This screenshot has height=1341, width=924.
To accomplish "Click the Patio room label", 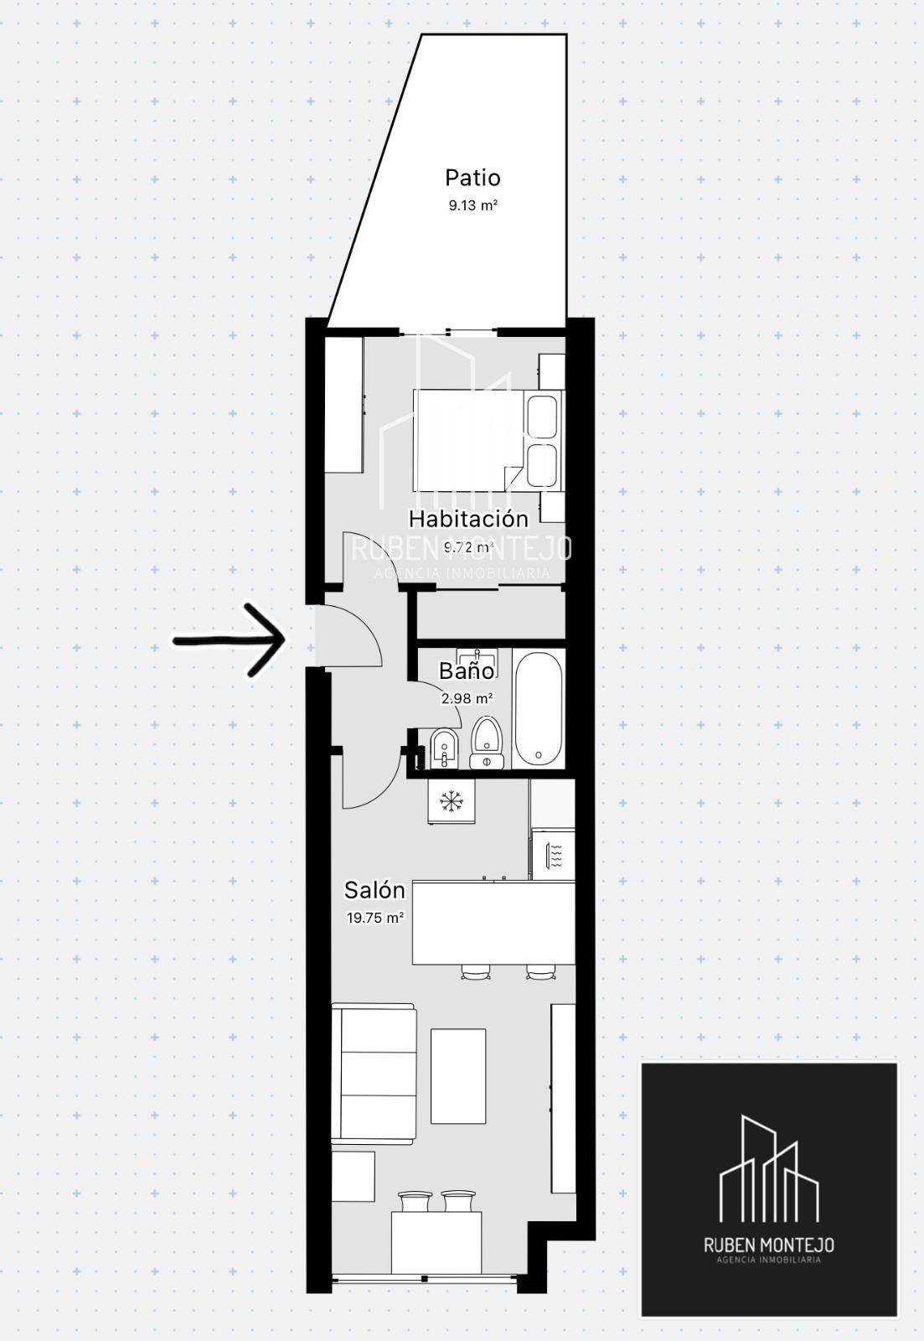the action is [472, 178].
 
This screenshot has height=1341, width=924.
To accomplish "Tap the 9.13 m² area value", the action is [473, 206].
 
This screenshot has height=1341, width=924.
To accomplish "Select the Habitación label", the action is [468, 519].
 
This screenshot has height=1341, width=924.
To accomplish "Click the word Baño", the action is [467, 670].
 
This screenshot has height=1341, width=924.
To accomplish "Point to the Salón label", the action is [374, 890].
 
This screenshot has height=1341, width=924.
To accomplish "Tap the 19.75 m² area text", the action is [374, 917].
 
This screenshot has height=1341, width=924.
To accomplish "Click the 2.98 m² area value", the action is [467, 698].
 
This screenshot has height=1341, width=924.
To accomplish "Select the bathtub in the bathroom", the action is [539, 708].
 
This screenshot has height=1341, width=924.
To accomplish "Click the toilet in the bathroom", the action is [488, 743].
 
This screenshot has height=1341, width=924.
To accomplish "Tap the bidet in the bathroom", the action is [444, 748].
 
